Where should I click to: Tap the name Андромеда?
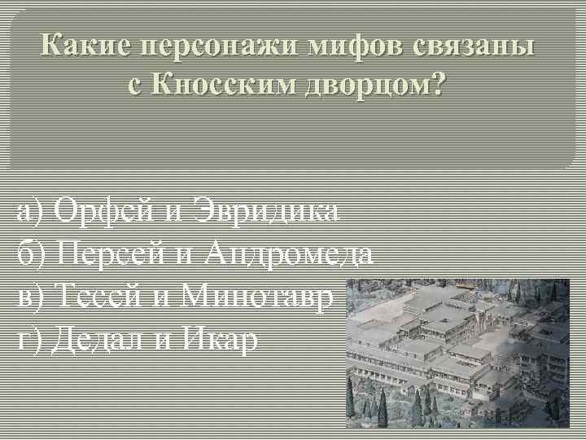(290, 253)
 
